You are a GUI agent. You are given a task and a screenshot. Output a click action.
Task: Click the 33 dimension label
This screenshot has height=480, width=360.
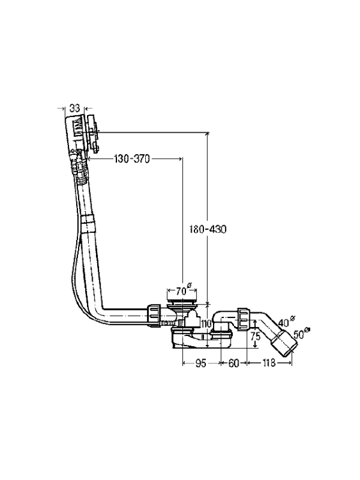pyautogui.click(x=74, y=108)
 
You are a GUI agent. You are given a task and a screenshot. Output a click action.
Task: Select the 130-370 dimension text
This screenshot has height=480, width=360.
pyautogui.click(x=132, y=159)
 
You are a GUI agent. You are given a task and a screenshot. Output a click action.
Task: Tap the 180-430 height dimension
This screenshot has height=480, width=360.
pyautogui.click(x=208, y=229)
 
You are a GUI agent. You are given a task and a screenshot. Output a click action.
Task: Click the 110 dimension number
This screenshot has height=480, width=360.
pyautogui.click(x=207, y=324)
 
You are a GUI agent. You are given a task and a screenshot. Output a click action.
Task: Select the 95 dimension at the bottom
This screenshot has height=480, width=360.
pyautogui.click(x=201, y=364)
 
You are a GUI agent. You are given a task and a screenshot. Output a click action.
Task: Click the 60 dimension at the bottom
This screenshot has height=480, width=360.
pyautogui.click(x=233, y=364)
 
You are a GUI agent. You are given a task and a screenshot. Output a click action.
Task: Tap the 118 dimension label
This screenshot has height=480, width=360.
pyautogui.click(x=269, y=364)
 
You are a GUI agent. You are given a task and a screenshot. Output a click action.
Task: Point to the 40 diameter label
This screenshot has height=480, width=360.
pyautogui.click(x=286, y=321)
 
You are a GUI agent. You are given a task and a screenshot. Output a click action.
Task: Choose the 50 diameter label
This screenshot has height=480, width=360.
pyautogui.click(x=301, y=333)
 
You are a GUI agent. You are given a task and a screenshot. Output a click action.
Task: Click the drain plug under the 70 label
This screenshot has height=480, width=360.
pyautogui.click(x=183, y=301)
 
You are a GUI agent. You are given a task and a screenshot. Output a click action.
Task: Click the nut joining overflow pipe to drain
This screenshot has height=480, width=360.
pyautogui.click(x=154, y=316)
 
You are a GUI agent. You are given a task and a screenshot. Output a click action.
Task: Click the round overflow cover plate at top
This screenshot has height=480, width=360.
pyautogui.click(x=93, y=133)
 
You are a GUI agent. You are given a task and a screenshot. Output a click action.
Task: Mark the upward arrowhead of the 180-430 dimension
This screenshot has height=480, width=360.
pyautogui.click(x=208, y=134)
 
